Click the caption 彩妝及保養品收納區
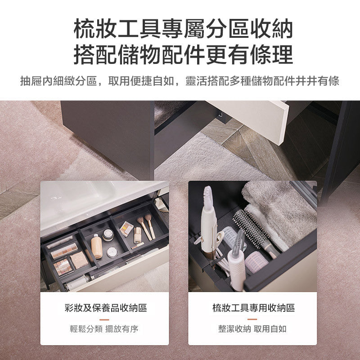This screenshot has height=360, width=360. [x=106, y=308]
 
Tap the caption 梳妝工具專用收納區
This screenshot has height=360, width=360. [x=253, y=308]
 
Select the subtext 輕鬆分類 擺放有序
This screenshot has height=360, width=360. [x=104, y=329]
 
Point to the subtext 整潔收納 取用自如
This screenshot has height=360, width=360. [x=252, y=329]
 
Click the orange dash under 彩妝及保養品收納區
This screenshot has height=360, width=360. [x=104, y=319]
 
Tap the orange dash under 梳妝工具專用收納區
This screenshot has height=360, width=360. [x=252, y=319]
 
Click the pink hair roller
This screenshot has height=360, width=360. [x=256, y=262]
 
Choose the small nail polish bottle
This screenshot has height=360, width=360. [x=137, y=235]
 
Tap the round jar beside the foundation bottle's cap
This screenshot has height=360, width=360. [x=108, y=234]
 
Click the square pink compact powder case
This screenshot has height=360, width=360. [x=79, y=260]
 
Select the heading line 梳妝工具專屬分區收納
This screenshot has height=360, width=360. [x=183, y=29]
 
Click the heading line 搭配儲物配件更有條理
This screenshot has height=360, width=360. [x=183, y=54]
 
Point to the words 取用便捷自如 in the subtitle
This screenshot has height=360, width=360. [x=141, y=81]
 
